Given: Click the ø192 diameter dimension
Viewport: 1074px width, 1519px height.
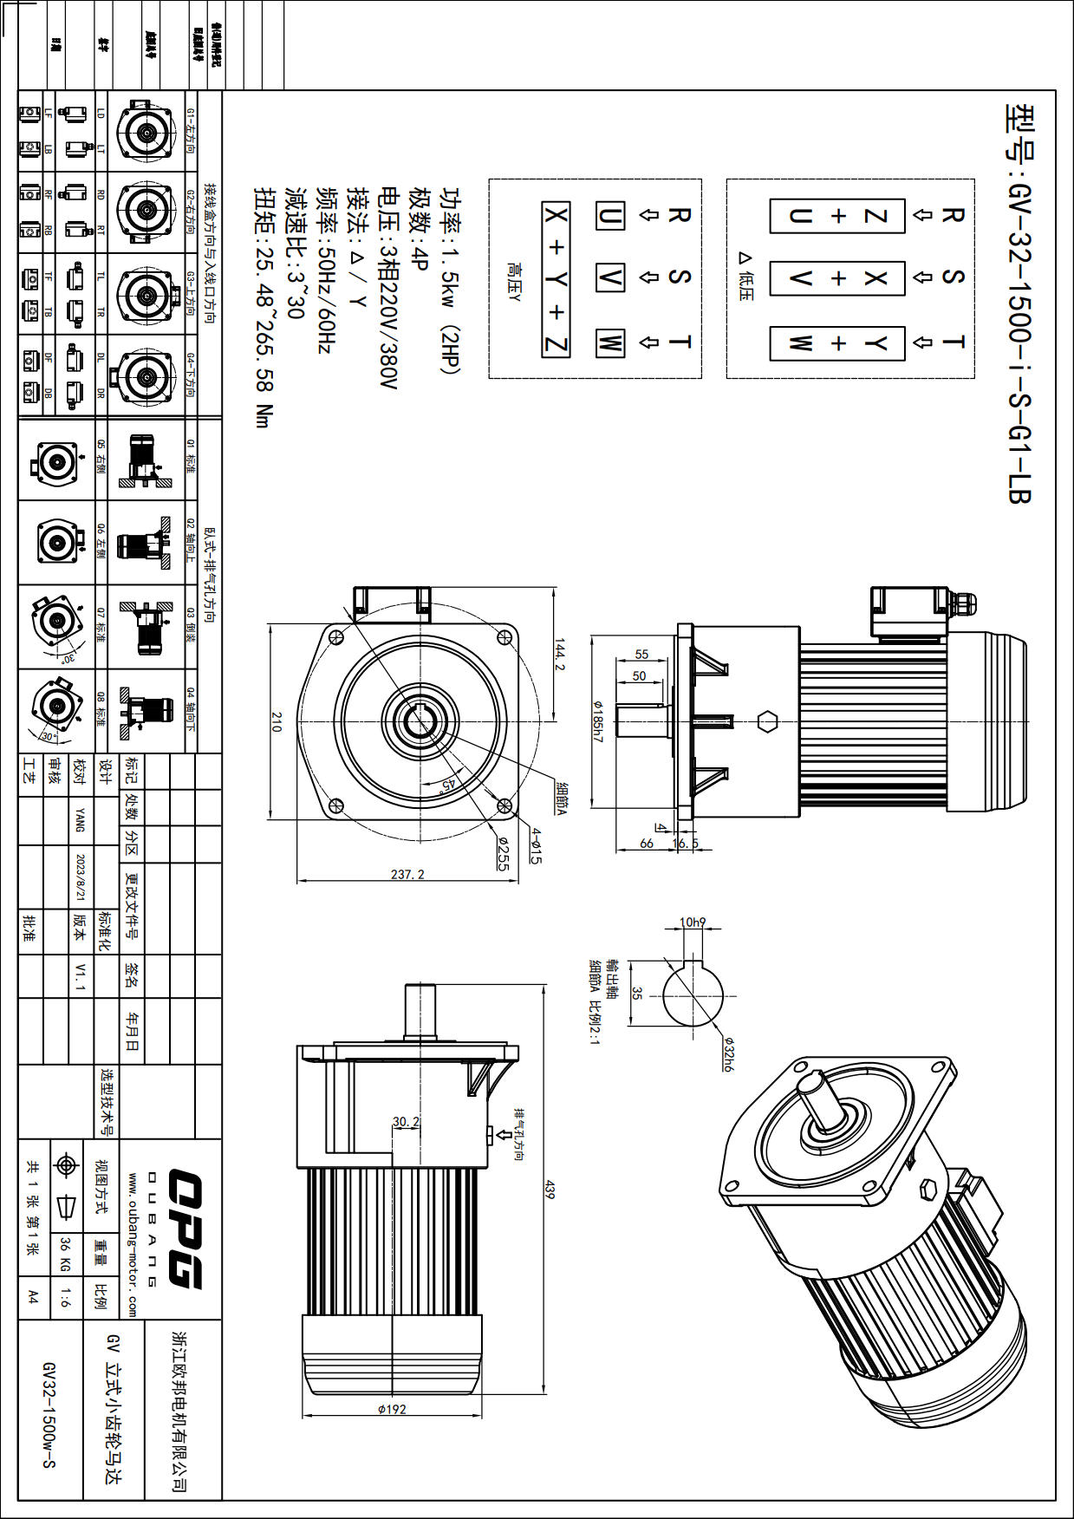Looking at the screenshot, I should (392, 1409).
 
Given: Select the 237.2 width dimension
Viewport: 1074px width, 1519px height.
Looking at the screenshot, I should (407, 874).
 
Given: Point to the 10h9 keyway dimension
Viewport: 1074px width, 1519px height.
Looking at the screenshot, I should (692, 922).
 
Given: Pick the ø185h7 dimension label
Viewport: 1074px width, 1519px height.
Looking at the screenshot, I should (597, 720).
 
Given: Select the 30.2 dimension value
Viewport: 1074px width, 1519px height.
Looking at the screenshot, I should (406, 1121).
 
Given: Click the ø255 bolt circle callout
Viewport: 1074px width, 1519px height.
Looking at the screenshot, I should (504, 853).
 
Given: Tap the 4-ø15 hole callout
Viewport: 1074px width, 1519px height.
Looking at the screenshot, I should (536, 845).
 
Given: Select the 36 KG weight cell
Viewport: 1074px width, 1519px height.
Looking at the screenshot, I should (65, 1254).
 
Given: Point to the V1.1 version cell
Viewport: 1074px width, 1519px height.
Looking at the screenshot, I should (81, 975).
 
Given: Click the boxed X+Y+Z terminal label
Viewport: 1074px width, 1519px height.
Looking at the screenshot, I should (556, 279).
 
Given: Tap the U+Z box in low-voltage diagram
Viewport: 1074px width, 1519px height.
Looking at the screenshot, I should (836, 216).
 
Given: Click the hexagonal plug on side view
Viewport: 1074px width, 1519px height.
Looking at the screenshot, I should (766, 721).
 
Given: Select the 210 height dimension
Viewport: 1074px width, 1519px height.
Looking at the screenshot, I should (277, 721).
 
